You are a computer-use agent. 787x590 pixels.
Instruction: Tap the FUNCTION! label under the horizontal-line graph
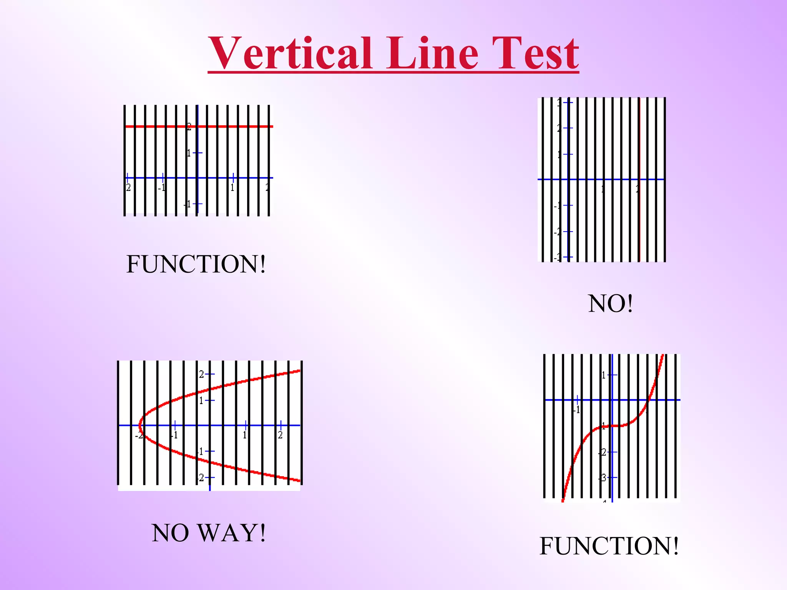pyautogui.click(x=196, y=264)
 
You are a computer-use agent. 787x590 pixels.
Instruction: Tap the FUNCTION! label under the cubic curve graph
pyautogui.click(x=609, y=546)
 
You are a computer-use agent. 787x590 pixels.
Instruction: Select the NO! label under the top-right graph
pyautogui.click(x=610, y=304)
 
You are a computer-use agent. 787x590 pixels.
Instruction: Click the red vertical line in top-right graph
pyautogui.click(x=640, y=215)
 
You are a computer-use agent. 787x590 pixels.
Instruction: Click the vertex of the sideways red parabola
pyautogui.click(x=140, y=425)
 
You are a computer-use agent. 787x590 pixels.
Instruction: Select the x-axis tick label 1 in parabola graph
pyautogui.click(x=244, y=435)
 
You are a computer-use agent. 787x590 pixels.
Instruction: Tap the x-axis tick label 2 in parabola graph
pyautogui.click(x=280, y=435)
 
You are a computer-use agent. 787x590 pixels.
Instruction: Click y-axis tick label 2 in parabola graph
pyautogui.click(x=201, y=374)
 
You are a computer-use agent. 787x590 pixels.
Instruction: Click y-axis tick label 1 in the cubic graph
pyautogui.click(x=604, y=375)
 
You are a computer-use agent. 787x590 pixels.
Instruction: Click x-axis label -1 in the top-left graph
pyautogui.click(x=162, y=188)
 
